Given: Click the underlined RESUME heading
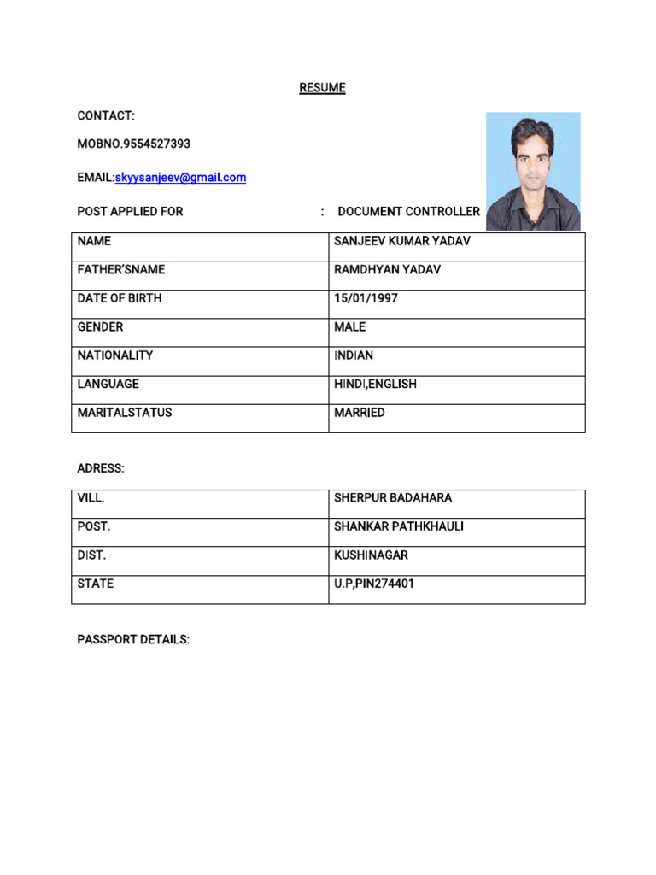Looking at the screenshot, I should point(322,88).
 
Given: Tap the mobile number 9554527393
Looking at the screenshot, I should point(157,144).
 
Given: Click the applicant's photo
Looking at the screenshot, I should point(533,171).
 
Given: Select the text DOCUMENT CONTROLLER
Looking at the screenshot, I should point(408,211).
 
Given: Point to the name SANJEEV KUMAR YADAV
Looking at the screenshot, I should point(401,242).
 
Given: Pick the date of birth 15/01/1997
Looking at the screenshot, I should point(366,299).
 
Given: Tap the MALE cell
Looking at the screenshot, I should point(349,327).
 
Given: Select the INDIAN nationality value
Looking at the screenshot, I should point(354,355).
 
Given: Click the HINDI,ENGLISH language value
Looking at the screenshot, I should point(375,385).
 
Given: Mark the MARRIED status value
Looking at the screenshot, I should point(360,413).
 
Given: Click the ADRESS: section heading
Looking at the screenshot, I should point(101,469).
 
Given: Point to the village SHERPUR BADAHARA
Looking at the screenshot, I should point(393,498).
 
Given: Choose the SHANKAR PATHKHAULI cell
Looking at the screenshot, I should point(398,526).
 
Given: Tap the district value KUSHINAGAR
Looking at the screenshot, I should point(371,555).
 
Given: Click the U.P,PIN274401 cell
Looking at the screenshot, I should point(377,584).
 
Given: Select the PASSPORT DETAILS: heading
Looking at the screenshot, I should point(133,640).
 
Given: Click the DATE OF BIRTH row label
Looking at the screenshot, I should point(119,299).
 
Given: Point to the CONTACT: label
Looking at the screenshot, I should point(106,115).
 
